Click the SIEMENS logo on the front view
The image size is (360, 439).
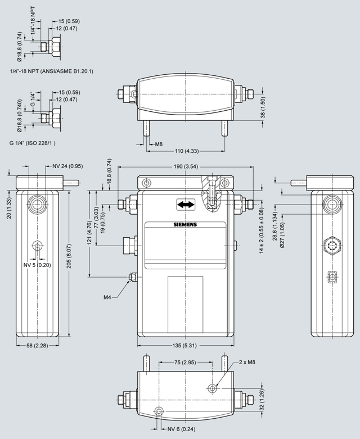(186, 225)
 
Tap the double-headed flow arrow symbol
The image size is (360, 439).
(184, 205)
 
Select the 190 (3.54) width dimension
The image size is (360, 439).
(186, 166)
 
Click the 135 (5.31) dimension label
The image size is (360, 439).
(185, 346)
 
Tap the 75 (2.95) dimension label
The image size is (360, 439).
(185, 363)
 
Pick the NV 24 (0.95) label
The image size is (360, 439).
(67, 166)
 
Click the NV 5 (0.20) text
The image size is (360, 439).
(37, 265)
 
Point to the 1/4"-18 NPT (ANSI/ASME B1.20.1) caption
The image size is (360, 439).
(52, 71)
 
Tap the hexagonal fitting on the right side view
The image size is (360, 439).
(332, 245)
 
